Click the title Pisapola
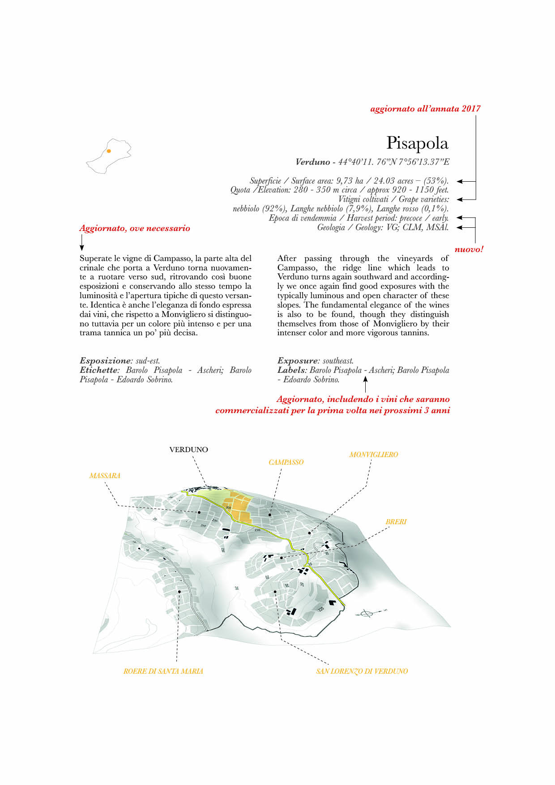[417, 143]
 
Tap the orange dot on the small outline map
[109, 151]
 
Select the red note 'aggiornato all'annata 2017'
[425, 109]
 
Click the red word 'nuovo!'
[469, 250]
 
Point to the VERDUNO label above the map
[188, 449]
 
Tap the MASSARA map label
[105, 475]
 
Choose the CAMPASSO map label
[286, 462]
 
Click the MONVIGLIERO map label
[373, 454]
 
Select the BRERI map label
[396, 521]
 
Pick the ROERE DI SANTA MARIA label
[163, 671]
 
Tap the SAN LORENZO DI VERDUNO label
[362, 671]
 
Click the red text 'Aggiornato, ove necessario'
[135, 228]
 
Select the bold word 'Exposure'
[297, 361]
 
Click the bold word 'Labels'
[291, 370]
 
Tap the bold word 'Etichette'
[98, 370]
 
